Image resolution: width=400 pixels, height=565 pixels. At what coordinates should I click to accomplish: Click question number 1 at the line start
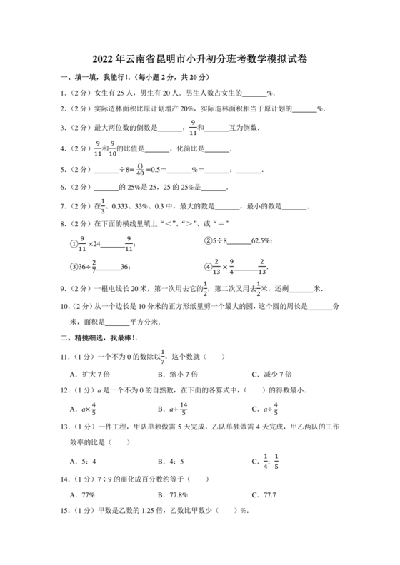click(x=63, y=93)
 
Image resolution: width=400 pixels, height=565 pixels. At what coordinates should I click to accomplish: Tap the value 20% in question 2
click(x=187, y=109)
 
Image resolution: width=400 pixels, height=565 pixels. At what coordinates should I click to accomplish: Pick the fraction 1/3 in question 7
click(x=102, y=207)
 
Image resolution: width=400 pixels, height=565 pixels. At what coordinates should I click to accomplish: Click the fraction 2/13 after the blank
click(x=262, y=267)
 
